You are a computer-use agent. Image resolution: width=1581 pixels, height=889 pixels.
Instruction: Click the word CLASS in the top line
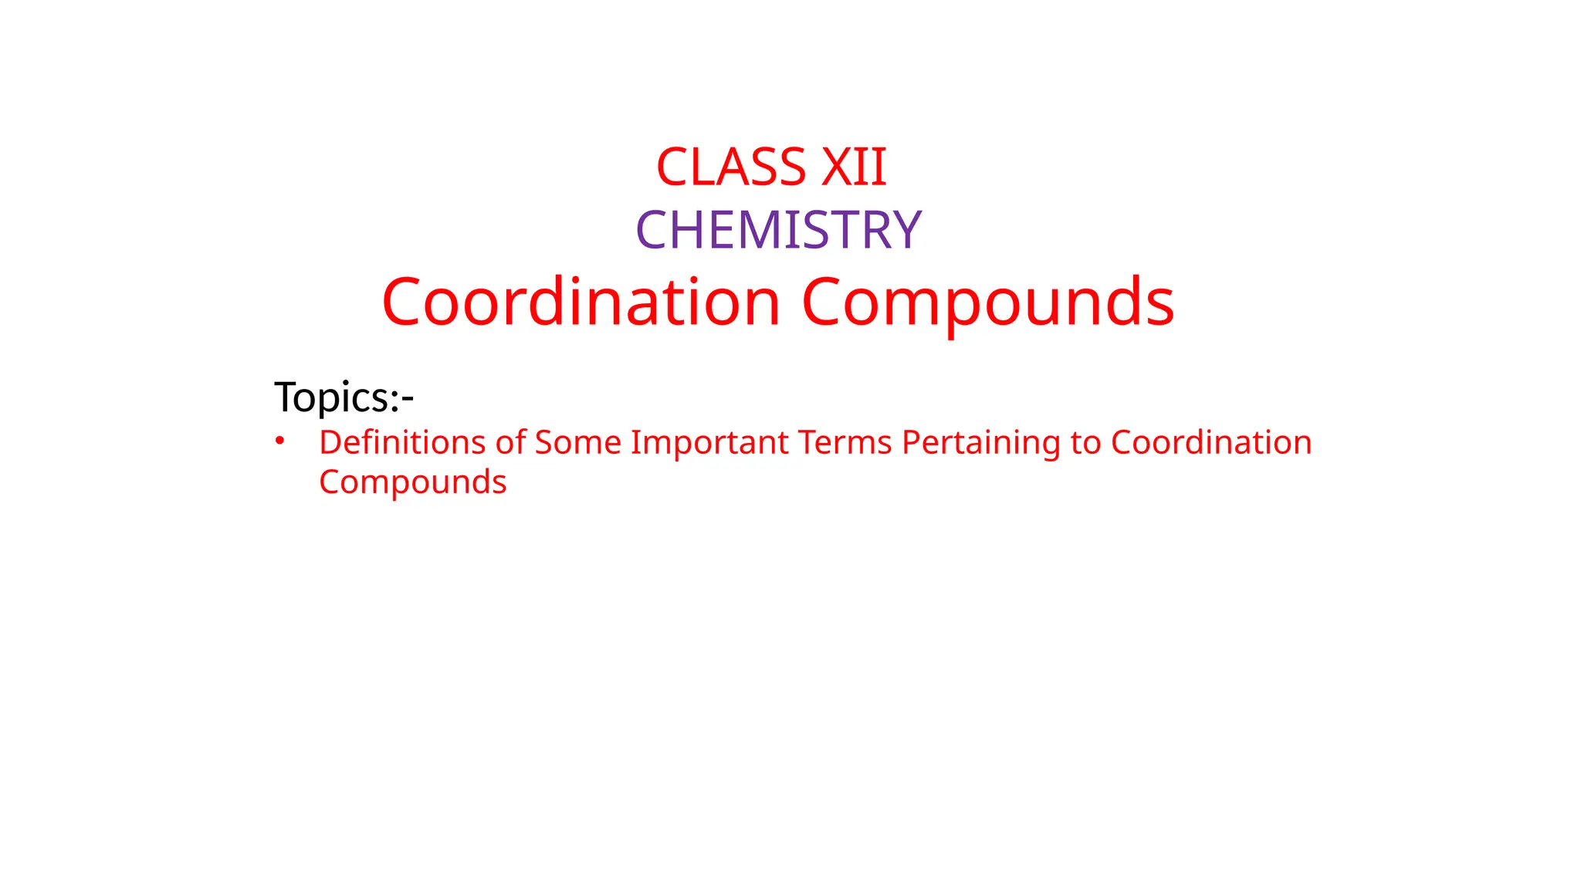730,167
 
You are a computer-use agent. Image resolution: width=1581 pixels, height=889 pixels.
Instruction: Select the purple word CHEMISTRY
778,230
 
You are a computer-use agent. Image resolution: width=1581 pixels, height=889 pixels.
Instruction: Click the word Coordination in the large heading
581,302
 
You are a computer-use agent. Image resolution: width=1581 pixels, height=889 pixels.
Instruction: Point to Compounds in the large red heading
988,302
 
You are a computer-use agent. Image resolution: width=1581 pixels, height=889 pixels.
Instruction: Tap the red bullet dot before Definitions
280,441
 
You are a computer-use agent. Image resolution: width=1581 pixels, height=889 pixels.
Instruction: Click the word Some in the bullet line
577,443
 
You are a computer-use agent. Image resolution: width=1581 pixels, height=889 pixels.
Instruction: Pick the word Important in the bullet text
710,443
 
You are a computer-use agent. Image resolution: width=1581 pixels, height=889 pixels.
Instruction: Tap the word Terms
845,443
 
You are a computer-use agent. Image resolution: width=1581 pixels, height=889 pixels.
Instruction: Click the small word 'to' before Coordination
1085,443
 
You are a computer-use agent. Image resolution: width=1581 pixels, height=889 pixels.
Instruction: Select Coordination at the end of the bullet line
1211,443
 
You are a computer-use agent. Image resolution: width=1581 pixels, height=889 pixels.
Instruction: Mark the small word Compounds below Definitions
413,483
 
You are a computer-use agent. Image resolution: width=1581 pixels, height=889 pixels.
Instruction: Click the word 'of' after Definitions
510,443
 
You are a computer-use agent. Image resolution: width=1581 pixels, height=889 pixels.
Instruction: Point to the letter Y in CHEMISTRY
906,230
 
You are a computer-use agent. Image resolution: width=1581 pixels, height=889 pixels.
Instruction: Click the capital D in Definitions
330,443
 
